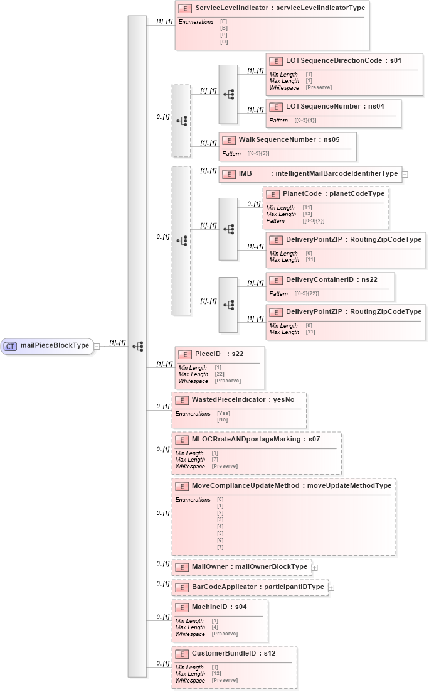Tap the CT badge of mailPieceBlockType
10,346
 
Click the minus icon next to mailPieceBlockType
97,346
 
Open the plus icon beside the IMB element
405,174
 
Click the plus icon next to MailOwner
315,567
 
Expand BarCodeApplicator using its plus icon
331,587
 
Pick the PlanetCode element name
302,194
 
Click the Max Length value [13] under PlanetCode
307,214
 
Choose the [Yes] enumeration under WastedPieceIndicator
223,414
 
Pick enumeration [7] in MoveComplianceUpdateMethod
220,548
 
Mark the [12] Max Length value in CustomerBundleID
216,674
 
